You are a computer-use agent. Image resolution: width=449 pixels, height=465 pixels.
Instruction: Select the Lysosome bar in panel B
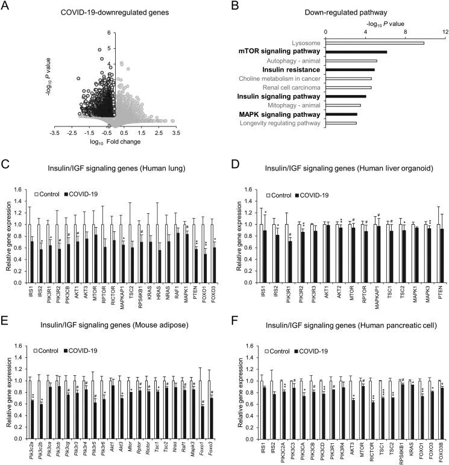(x=374, y=43)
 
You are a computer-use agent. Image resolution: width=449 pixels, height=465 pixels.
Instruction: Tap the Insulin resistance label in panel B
(x=289, y=70)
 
